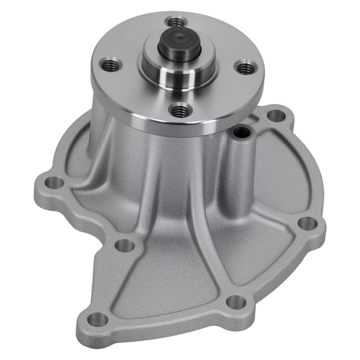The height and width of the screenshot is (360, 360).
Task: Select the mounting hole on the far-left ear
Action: (54, 183)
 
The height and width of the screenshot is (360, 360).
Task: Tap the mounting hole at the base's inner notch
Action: (125, 246)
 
